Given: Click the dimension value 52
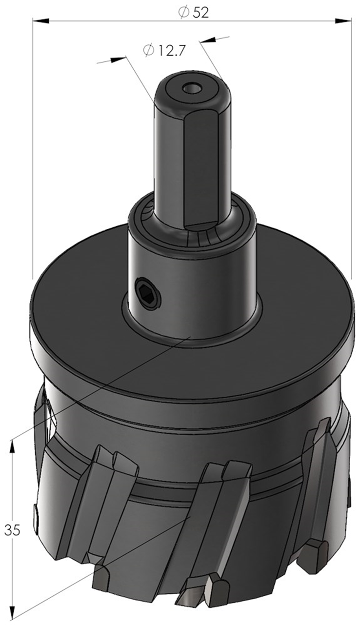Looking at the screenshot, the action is pyautogui.click(x=200, y=13).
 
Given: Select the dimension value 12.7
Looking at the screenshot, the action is pyautogui.click(x=172, y=51).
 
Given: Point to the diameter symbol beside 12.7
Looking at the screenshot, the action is pyautogui.click(x=148, y=50).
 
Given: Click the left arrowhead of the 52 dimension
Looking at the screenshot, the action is pyautogui.click(x=41, y=21).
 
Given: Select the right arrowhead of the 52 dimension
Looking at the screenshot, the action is pyautogui.click(x=343, y=21).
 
